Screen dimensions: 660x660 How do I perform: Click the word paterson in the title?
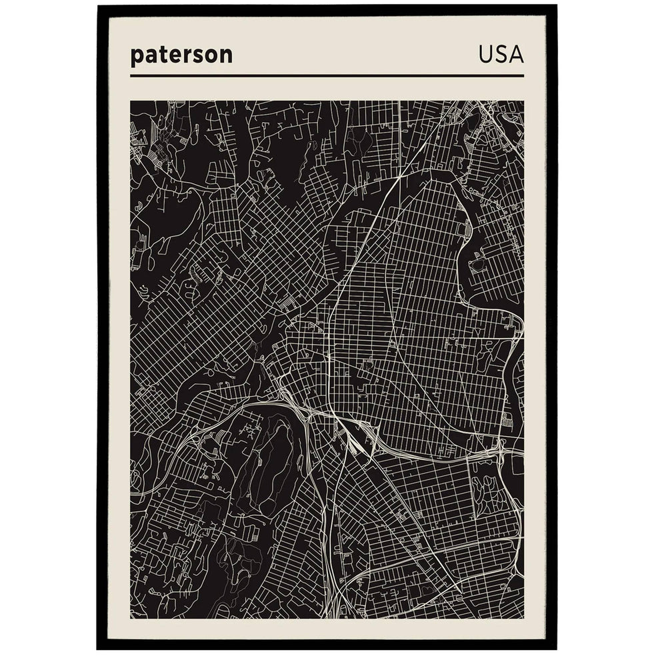(181, 55)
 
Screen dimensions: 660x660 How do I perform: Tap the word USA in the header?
(501, 55)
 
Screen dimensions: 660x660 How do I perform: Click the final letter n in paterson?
(227, 56)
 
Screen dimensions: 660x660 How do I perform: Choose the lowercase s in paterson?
(198, 56)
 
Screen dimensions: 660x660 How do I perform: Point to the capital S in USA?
(501, 55)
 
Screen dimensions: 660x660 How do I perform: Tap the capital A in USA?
(516, 55)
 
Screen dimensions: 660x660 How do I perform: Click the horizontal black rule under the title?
(327, 76)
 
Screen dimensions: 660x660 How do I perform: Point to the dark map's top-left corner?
(131, 101)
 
